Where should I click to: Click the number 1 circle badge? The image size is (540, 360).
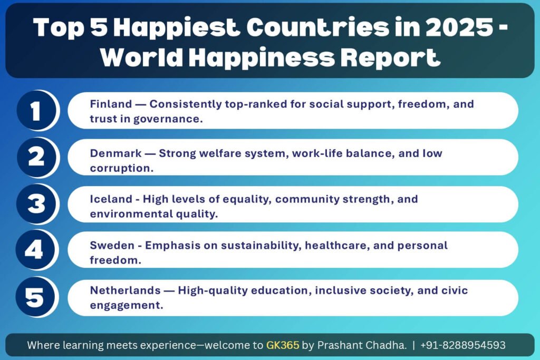pos(36,111)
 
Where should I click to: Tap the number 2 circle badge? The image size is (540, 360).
pos(36,157)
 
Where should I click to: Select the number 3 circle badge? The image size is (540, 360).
pos(36,204)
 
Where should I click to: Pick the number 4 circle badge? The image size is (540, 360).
pos(35,249)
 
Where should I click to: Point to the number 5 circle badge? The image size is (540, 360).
pos(35,297)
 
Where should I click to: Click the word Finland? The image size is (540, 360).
pos(111,104)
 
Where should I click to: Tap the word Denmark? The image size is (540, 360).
pos(115,153)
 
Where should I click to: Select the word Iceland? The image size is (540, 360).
pos(111,199)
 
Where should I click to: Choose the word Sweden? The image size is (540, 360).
pos(112,246)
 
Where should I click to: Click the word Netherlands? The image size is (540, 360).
pos(126,290)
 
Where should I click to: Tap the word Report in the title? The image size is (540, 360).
pos(391,57)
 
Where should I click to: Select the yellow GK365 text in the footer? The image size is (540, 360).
pos(283,345)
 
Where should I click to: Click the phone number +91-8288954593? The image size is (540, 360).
pos(463,345)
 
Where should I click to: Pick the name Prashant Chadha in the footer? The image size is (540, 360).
pos(362,345)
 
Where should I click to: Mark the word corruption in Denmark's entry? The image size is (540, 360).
pos(122,168)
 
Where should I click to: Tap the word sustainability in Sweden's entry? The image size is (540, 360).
pos(262,246)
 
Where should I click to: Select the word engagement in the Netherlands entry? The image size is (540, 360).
pos(127,306)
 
